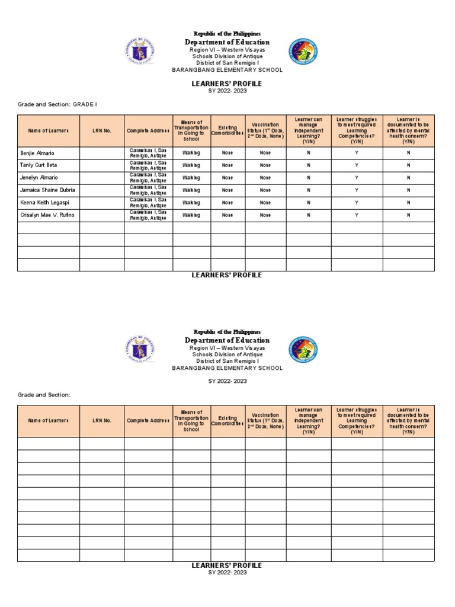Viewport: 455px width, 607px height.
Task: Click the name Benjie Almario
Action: point(37,153)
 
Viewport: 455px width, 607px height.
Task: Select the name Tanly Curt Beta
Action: point(39,165)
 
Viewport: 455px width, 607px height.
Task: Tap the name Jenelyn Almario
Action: point(39,177)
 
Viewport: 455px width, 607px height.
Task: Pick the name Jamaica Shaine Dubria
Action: point(47,190)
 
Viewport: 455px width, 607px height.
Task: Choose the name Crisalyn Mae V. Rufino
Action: point(47,215)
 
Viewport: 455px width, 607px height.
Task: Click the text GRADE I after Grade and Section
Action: point(85,104)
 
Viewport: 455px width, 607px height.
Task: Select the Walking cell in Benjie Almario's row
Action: point(191,153)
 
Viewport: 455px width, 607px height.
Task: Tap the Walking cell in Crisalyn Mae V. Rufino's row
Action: point(191,215)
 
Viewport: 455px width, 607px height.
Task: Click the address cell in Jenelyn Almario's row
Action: point(148,177)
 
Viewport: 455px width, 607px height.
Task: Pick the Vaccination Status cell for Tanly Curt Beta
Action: point(265,165)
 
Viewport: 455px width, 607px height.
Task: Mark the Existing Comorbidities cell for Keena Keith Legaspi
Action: point(227,203)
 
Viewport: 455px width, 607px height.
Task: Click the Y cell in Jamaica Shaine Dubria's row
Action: point(357,190)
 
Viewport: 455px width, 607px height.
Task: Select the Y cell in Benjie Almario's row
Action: point(357,153)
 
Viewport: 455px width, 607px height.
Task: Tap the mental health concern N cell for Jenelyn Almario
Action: point(408,178)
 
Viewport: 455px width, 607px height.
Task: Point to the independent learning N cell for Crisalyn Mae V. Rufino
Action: point(308,215)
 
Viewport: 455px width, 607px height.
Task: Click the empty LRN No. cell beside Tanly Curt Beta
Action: point(102,165)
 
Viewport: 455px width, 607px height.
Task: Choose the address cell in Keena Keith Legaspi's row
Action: point(148,202)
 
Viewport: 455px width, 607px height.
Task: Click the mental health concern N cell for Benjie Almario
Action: point(408,153)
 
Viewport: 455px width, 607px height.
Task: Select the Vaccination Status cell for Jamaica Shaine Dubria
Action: point(265,190)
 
